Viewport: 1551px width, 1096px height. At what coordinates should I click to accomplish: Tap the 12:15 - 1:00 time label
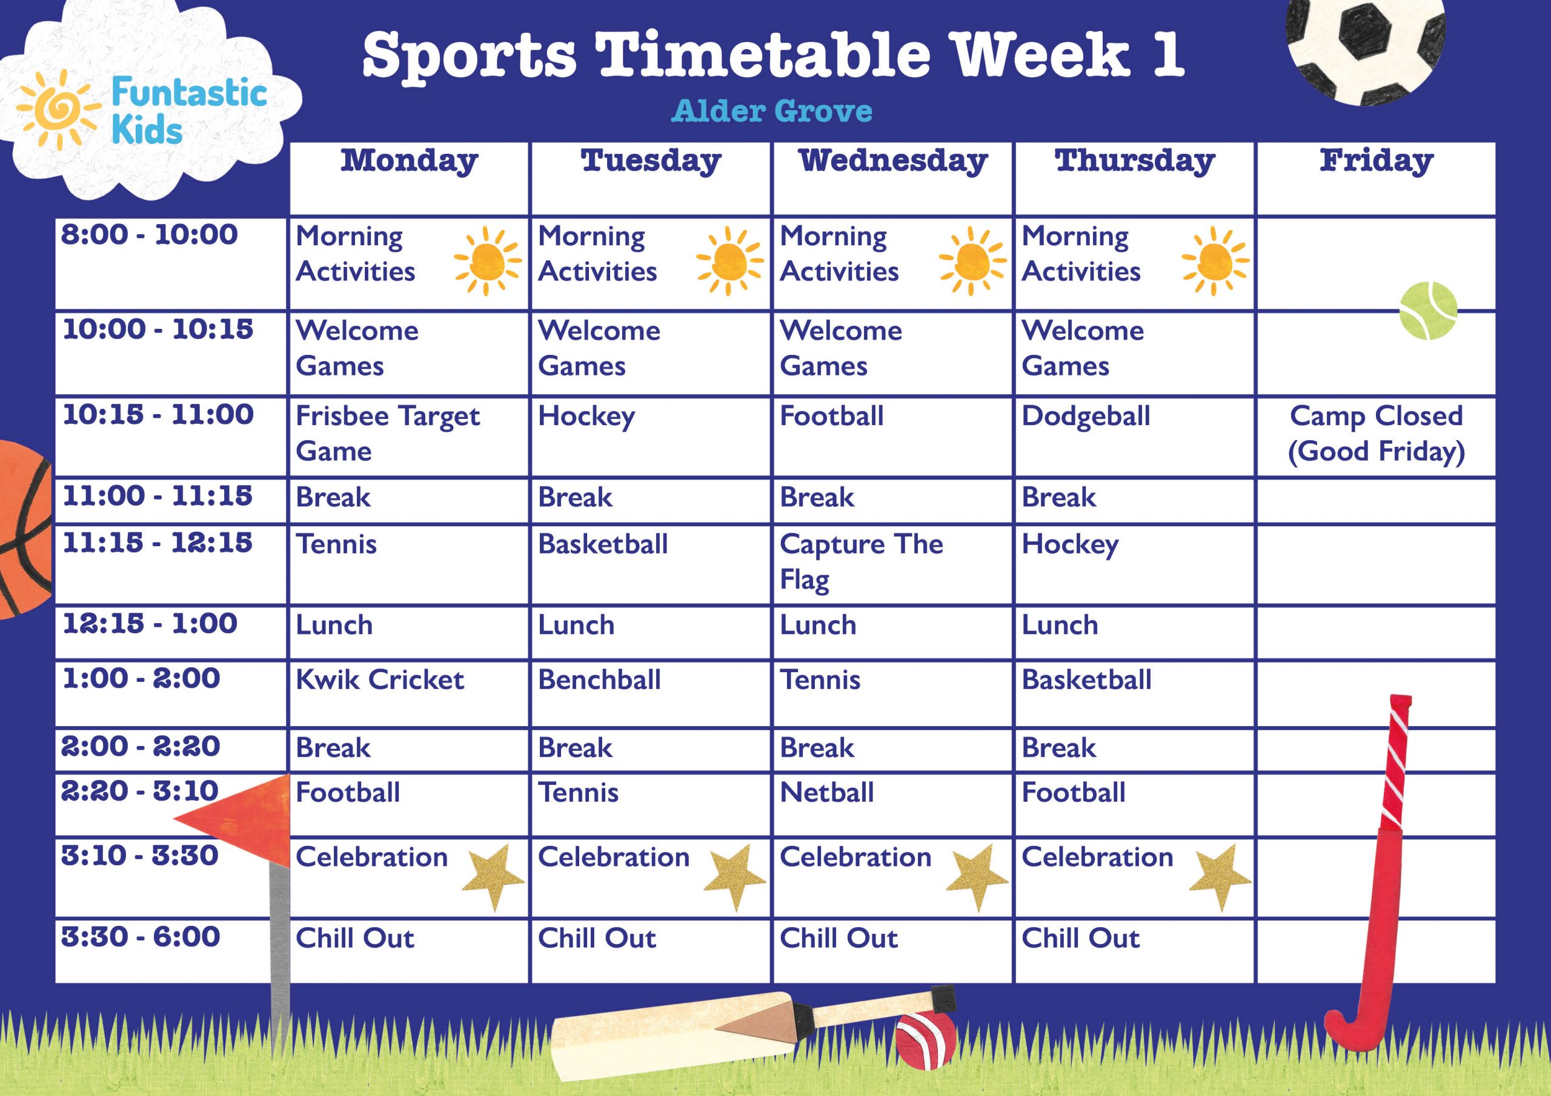(x=150, y=623)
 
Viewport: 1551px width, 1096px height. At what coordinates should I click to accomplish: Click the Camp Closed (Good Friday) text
(x=1376, y=433)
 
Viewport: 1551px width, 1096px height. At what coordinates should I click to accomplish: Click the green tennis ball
(x=1427, y=311)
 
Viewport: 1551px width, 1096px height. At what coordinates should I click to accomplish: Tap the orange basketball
(x=24, y=529)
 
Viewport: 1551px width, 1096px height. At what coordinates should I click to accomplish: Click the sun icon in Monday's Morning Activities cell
(x=487, y=260)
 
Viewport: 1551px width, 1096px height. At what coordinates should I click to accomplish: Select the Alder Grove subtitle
(x=771, y=111)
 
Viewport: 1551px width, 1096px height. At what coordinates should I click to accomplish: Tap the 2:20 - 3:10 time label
(x=140, y=791)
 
